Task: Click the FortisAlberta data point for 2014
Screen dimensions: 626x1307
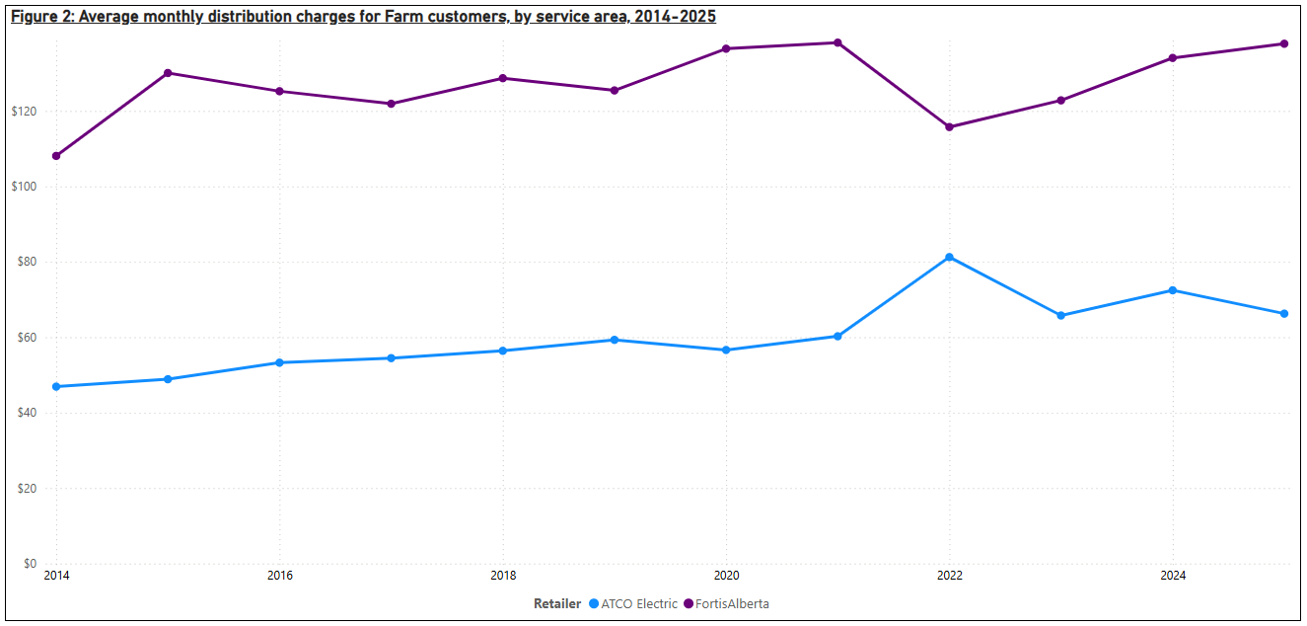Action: point(56,156)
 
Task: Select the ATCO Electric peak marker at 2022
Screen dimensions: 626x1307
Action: point(949,258)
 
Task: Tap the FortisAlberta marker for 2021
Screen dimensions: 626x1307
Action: point(837,42)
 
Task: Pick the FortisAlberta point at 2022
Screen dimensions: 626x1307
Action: point(949,127)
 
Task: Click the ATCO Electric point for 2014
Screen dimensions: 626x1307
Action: point(56,387)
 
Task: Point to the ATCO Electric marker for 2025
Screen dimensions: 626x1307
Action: point(1284,314)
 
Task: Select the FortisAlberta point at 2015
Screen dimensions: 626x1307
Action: point(168,73)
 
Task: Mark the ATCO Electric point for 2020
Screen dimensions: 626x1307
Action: point(726,351)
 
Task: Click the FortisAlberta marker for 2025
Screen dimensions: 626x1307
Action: point(1284,43)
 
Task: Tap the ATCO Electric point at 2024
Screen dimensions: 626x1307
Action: point(1173,290)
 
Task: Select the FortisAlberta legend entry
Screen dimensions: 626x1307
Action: point(731,603)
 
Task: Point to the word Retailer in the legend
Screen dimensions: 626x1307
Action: point(557,603)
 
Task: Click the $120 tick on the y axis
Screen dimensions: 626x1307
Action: point(24,112)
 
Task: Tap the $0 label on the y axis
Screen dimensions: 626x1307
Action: point(31,564)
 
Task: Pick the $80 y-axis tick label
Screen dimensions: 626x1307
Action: point(27,262)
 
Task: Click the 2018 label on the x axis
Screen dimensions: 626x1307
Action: point(503,576)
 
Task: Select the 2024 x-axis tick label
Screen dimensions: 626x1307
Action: point(1173,576)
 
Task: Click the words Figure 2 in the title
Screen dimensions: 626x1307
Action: point(39,17)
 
